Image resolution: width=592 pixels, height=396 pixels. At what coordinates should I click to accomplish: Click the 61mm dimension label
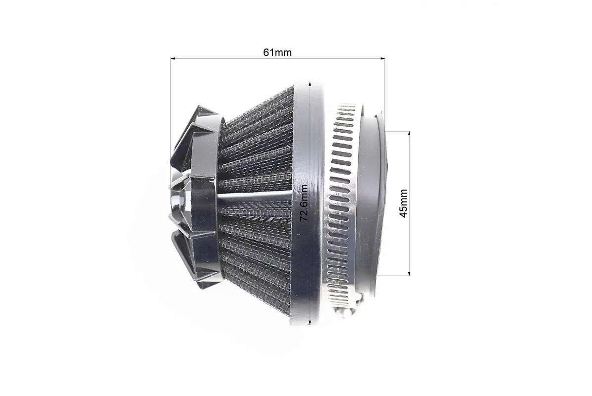point(277,52)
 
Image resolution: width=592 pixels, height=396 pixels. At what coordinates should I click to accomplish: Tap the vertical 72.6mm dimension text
point(304,202)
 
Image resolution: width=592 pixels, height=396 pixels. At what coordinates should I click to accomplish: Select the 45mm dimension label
point(403,203)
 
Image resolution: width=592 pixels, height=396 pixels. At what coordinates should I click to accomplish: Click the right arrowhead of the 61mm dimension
point(382,58)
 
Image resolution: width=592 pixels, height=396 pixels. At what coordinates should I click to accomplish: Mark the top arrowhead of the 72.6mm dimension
point(310,83)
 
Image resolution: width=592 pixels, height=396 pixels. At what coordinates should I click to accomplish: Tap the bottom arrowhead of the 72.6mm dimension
point(310,322)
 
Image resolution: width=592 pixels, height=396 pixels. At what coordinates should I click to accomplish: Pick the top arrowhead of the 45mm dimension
point(409,134)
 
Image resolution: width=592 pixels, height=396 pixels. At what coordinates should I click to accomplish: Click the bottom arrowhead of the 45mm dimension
point(409,273)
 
